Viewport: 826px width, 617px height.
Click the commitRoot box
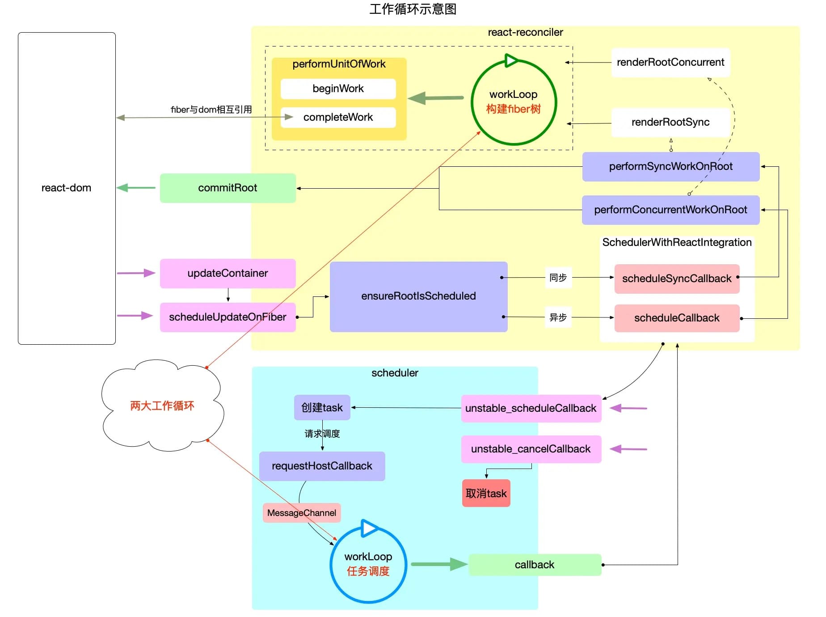tap(228, 188)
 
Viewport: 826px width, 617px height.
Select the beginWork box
tap(338, 89)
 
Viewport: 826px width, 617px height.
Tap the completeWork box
tap(338, 117)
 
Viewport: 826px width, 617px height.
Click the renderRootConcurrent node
tap(670, 62)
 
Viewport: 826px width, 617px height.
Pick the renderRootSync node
tap(670, 122)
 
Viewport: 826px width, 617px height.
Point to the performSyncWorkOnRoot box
tap(670, 166)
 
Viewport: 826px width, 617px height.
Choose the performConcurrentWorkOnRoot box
tap(670, 210)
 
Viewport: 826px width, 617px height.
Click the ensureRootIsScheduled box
tap(418, 296)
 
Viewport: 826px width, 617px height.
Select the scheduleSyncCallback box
tap(677, 279)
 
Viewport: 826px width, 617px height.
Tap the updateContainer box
tap(228, 273)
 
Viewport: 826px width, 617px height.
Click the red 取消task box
tap(486, 493)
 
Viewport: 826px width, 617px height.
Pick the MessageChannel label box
tap(302, 513)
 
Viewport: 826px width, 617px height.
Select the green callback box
tap(535, 565)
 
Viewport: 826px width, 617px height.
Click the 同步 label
tap(558, 278)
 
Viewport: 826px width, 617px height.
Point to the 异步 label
tap(558, 317)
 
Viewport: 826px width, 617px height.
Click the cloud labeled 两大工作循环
tap(162, 406)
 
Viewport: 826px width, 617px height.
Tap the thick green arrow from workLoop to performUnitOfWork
tap(436, 98)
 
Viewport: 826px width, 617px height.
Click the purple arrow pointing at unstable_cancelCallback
tap(628, 449)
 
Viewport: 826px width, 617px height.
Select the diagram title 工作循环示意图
tap(413, 9)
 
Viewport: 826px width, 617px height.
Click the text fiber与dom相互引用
tap(211, 110)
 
